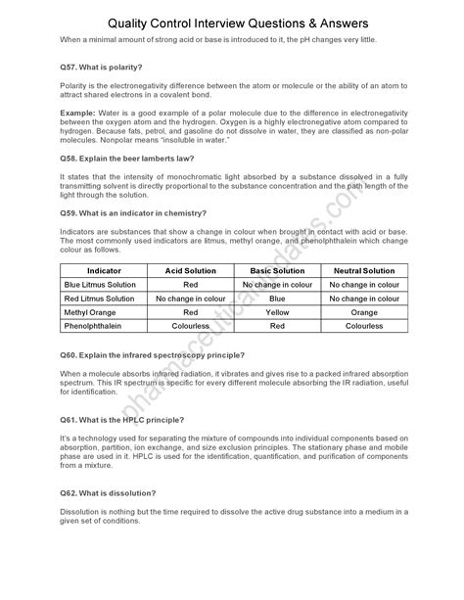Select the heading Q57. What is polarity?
pos(101,67)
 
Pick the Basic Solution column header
pos(276,269)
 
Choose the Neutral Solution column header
pos(362,269)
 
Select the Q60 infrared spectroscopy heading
pos(152,354)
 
